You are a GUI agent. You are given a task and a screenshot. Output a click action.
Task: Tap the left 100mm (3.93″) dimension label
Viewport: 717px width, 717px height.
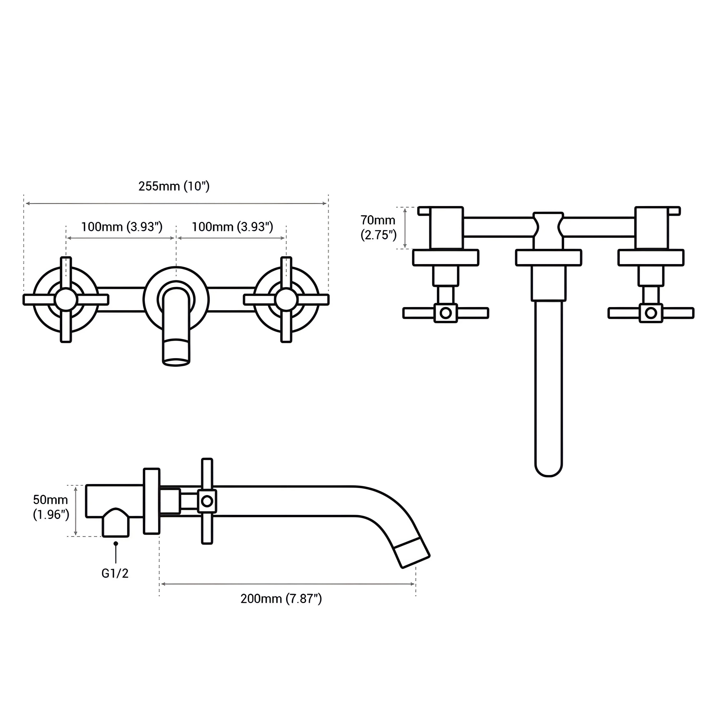pyautogui.click(x=122, y=227)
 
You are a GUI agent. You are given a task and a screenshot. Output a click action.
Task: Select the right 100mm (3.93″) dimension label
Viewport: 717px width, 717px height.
pyautogui.click(x=232, y=227)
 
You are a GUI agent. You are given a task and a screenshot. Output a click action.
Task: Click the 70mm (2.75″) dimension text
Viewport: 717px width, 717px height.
pyautogui.click(x=378, y=227)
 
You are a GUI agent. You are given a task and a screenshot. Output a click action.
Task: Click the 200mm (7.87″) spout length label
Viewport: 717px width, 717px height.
pyautogui.click(x=281, y=599)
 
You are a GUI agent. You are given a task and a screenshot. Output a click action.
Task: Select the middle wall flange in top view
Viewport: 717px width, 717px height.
pyautogui.click(x=549, y=258)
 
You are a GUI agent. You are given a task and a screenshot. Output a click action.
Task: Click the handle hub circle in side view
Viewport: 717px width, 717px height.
pyautogui.click(x=207, y=501)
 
